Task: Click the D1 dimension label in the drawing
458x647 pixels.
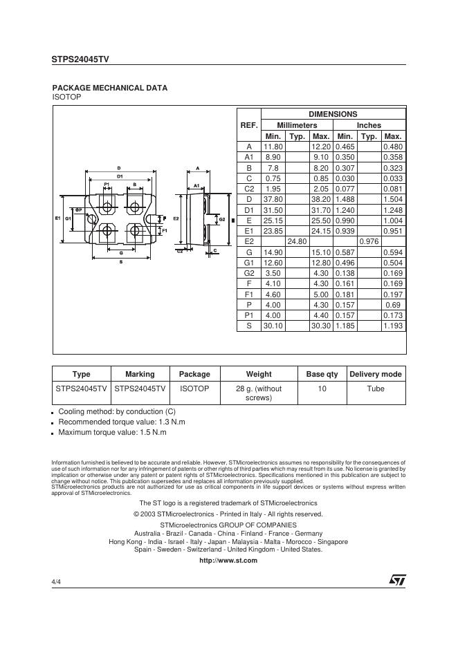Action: pos(119,176)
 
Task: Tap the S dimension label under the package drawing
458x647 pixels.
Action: pos(120,261)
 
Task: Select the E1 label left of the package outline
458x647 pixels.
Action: pos(58,218)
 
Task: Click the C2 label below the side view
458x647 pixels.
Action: pos(180,251)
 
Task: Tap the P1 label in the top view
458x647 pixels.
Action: pos(107,185)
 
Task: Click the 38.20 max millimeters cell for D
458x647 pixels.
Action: pos(320,199)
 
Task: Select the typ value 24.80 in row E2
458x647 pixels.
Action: pos(297,241)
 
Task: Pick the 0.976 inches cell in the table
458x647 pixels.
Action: pos(369,241)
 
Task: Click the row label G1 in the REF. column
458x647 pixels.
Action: pos(249,262)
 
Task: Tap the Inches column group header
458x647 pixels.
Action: pos(369,125)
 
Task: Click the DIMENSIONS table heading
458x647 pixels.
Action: pos(333,114)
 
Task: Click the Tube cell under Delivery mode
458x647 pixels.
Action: pos(376,388)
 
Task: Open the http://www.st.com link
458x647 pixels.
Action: pos(228,561)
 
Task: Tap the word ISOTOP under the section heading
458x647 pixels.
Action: pos(67,97)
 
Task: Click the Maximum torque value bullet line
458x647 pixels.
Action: pos(112,433)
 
